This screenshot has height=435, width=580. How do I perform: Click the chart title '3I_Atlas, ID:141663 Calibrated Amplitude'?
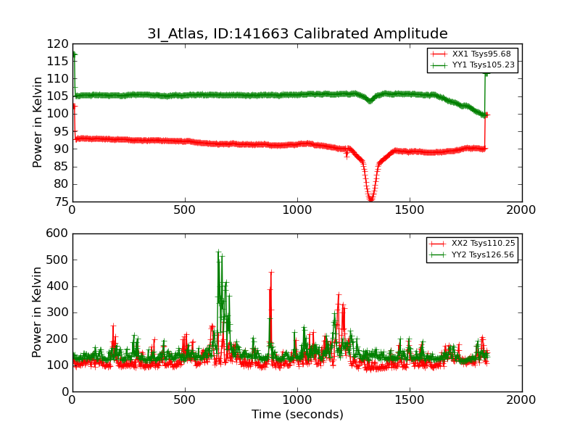coord(297,34)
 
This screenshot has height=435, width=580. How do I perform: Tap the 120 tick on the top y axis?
coord(57,43)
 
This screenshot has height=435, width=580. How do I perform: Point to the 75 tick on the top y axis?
coord(60,202)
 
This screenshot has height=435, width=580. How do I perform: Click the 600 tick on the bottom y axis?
coord(57,233)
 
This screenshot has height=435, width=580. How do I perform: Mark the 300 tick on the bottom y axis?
coord(57,312)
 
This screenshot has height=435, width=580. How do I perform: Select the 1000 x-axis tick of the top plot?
coord(297,210)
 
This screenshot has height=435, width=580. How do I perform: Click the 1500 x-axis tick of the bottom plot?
coord(410,399)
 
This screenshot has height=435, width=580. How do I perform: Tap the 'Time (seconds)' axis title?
coord(297,415)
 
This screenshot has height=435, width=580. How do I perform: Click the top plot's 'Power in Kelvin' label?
coord(38,123)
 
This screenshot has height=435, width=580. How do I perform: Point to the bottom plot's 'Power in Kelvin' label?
coord(38,312)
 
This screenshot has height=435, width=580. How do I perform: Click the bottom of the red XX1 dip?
coord(370,199)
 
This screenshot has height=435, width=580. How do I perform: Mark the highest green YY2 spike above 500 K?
coord(218,252)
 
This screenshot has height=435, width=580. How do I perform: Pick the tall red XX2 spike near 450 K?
coord(271,273)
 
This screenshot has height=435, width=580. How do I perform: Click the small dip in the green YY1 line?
coord(370,101)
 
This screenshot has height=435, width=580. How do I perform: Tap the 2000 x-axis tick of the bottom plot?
coord(522,399)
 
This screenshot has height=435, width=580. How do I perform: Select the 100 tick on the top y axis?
coord(57,114)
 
